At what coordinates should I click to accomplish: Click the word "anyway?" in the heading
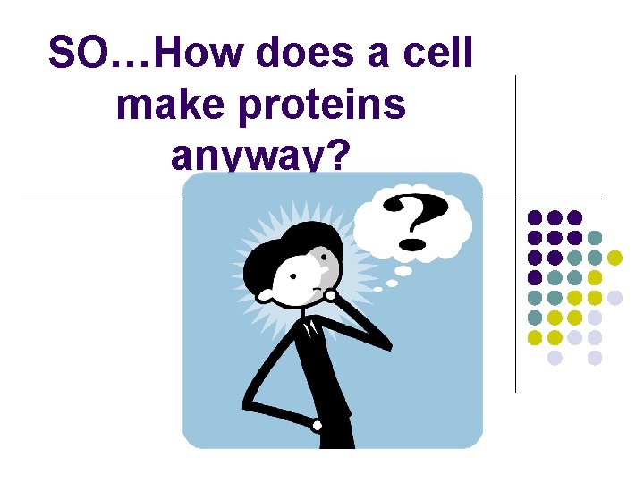point(259,156)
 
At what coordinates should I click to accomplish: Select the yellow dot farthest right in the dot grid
point(614,258)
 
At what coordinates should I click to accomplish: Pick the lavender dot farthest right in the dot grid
point(614,297)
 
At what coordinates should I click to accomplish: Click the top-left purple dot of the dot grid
point(535,217)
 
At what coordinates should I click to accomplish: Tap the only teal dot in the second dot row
point(595,238)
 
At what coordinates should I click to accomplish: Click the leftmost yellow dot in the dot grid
point(535,337)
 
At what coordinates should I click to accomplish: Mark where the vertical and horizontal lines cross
point(516,198)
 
